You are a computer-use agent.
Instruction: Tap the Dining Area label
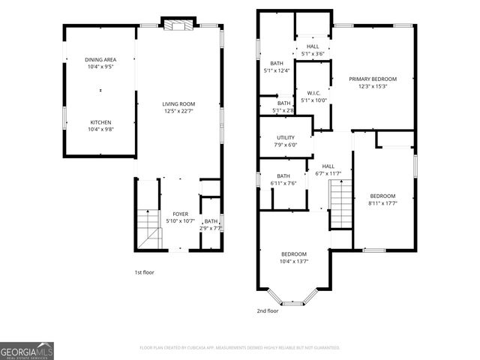coord(100,59)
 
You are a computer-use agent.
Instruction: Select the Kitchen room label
coord(100,122)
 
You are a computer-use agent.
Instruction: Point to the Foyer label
coord(180,214)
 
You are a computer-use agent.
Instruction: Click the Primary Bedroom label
coord(372,79)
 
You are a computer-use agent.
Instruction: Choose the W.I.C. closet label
coord(313,93)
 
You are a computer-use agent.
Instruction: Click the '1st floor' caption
coord(145,272)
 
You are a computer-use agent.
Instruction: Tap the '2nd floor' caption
coord(267,310)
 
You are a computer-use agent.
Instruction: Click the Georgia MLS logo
coord(26,351)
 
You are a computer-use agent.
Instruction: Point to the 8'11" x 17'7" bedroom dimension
coord(382,202)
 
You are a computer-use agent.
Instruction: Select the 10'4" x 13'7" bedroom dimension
coord(293,261)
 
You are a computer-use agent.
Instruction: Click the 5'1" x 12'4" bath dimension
coord(277,71)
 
